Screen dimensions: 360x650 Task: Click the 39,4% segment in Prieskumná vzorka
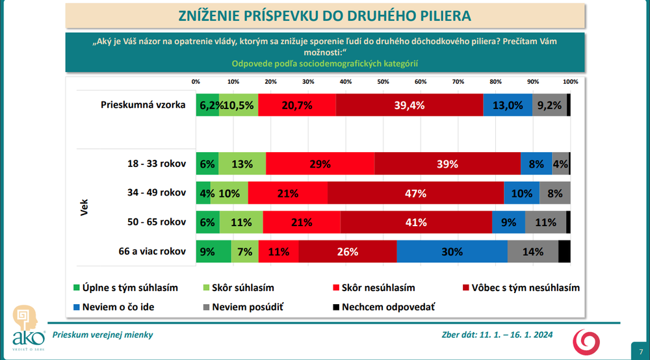coord(409,105)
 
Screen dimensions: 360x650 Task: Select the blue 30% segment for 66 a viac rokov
coord(452,251)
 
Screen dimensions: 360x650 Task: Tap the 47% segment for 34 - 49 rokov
coord(415,193)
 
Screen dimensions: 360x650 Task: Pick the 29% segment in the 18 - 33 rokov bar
coord(320,164)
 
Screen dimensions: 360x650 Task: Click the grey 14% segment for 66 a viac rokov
coord(532,251)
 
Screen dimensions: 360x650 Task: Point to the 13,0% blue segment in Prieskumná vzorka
coord(508,105)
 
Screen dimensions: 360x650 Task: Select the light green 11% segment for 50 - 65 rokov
coord(241,222)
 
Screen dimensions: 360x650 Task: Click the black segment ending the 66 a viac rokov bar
coord(564,251)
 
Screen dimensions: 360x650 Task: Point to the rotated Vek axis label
coord(84,207)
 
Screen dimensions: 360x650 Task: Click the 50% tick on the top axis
coord(383,82)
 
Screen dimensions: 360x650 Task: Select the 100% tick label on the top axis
coord(570,82)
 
